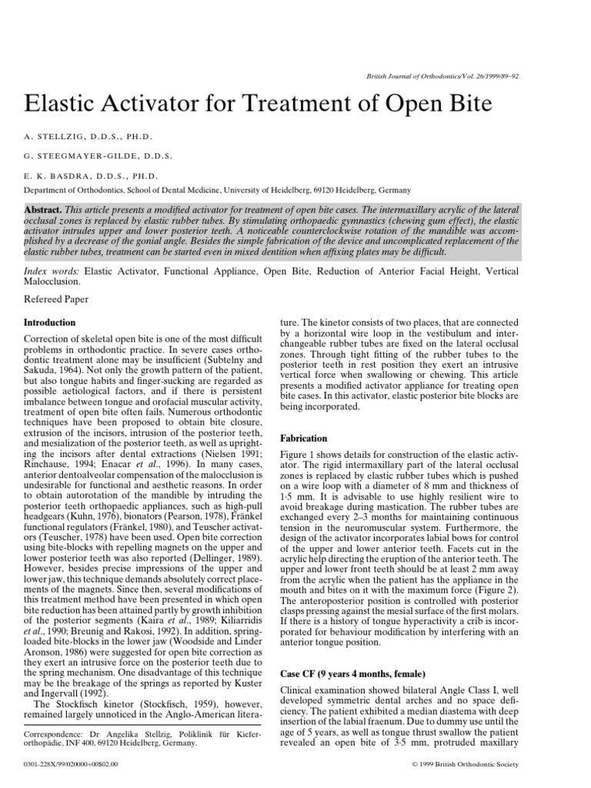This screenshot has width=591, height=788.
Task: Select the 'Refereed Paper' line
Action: pyautogui.click(x=55, y=299)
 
